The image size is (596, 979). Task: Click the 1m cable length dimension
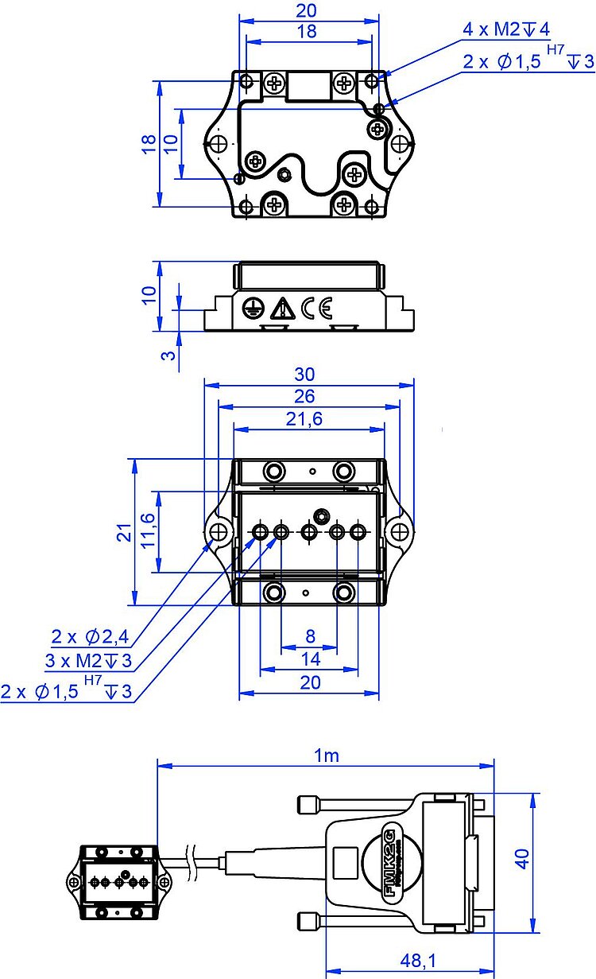click(x=327, y=756)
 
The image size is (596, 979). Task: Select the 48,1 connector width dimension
click(x=417, y=961)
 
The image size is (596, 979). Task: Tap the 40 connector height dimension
click(x=522, y=858)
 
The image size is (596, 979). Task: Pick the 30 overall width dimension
click(x=305, y=374)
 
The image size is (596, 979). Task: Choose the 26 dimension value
click(x=305, y=396)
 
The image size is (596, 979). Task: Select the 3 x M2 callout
click(x=88, y=661)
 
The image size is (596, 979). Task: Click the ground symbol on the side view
click(x=252, y=309)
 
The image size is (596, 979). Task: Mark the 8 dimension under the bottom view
click(x=310, y=636)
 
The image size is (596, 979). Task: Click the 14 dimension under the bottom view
click(x=310, y=659)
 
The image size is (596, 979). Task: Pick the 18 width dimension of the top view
click(x=306, y=32)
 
